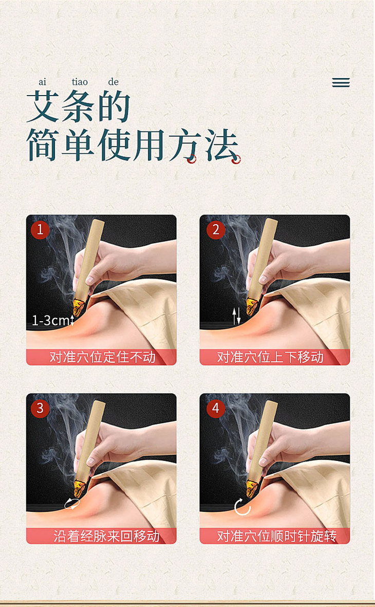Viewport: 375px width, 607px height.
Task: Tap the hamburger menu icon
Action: pyautogui.click(x=341, y=82)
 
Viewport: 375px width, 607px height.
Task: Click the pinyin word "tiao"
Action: pyautogui.click(x=80, y=82)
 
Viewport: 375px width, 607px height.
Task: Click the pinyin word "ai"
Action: pyautogui.click(x=42, y=82)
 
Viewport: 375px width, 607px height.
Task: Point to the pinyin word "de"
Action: pyautogui.click(x=113, y=82)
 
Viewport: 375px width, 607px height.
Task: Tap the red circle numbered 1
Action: pyautogui.click(x=40, y=230)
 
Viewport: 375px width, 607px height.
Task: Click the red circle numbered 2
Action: pyautogui.click(x=216, y=230)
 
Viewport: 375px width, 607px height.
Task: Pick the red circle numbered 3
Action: pyautogui.click(x=40, y=409)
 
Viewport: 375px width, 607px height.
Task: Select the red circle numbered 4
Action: pyautogui.click(x=216, y=409)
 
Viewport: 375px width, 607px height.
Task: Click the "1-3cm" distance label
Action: pyautogui.click(x=51, y=321)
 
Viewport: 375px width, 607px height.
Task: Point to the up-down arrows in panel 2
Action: pyautogui.click(x=236, y=316)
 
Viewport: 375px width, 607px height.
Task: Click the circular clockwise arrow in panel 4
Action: pyautogui.click(x=242, y=507)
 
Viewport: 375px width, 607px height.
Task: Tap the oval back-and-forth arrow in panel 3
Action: pyautogui.click(x=72, y=504)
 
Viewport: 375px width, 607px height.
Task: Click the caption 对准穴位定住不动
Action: pyautogui.click(x=103, y=357)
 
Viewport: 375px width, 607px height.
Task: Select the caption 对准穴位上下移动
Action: pyautogui.click(x=270, y=357)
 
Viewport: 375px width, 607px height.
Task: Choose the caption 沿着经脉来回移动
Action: pyautogui.click(x=106, y=536)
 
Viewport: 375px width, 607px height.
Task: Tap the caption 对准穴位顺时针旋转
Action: pyautogui.click(x=277, y=536)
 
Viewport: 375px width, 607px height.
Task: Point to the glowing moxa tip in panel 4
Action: pyautogui.click(x=252, y=486)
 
